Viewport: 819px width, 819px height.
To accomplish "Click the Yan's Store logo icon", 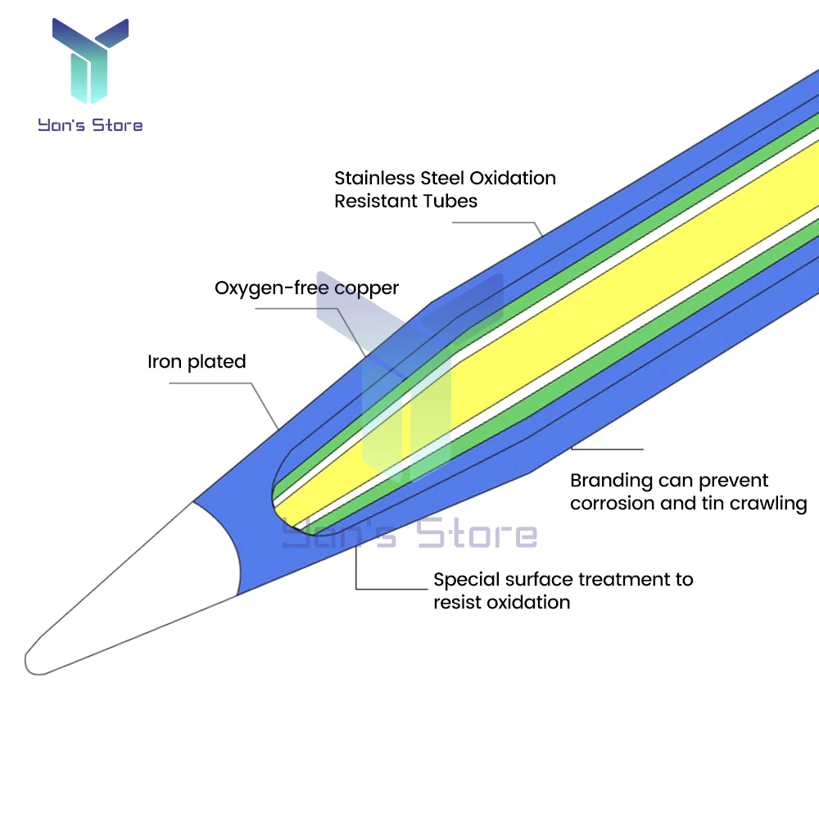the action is pyautogui.click(x=90, y=61).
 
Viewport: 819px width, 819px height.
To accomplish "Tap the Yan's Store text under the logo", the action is pyautogui.click(x=90, y=125).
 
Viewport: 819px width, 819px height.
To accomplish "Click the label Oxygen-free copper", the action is pyautogui.click(x=306, y=288).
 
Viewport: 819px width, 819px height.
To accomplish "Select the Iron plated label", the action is pyautogui.click(x=197, y=362).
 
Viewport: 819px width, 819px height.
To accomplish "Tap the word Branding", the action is pyautogui.click(x=610, y=481).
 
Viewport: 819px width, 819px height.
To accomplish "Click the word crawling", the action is pyautogui.click(x=769, y=503).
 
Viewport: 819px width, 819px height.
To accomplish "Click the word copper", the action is pyautogui.click(x=367, y=288).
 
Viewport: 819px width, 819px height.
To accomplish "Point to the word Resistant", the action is pyautogui.click(x=376, y=201).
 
